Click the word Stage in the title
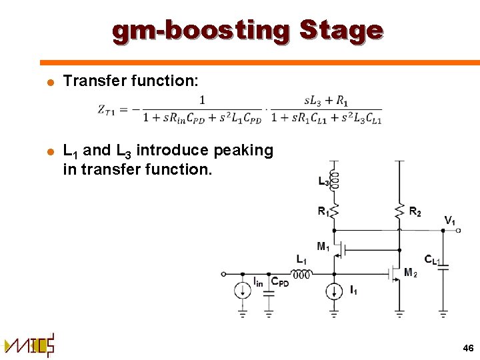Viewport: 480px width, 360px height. pyautogui.click(x=341, y=31)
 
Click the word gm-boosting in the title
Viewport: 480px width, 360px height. pyautogui.click(x=201, y=31)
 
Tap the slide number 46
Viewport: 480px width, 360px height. pyautogui.click(x=467, y=348)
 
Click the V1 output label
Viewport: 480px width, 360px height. pyautogui.click(x=451, y=221)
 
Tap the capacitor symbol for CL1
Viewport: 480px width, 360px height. pyautogui.click(x=443, y=266)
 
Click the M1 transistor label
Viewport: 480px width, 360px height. pyautogui.click(x=323, y=247)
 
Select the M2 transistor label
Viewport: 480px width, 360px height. pyautogui.click(x=411, y=273)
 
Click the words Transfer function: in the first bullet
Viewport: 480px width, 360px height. pyautogui.click(x=130, y=81)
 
